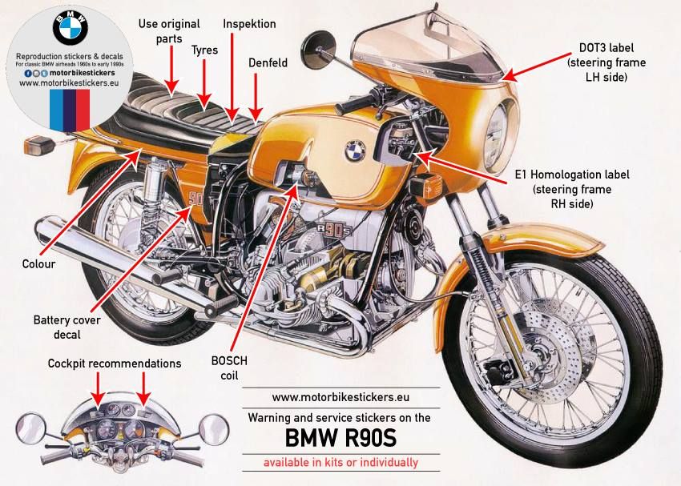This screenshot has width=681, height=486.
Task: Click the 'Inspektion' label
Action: point(249,24)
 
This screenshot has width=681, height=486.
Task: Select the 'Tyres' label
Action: point(204,50)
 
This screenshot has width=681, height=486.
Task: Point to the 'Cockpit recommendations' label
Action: point(115,363)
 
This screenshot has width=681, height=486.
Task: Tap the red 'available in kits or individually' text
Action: point(340,462)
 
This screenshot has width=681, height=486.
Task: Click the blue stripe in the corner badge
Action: point(59,110)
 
